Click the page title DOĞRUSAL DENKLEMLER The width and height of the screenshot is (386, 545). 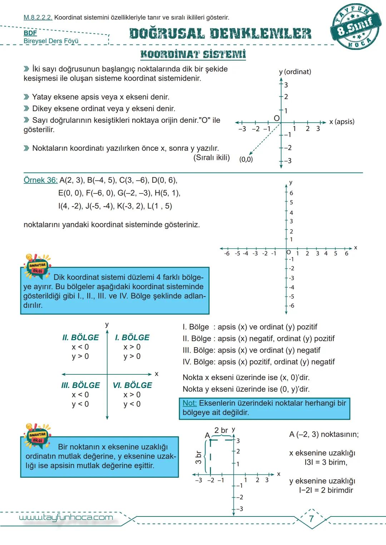coord(220,34)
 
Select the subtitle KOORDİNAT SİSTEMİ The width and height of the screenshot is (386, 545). coord(193,55)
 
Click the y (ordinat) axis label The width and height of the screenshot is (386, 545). coord(295,72)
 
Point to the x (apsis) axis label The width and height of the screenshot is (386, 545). coord(342,122)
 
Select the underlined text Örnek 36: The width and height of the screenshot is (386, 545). coord(40,180)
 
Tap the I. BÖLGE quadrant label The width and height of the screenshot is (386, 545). coord(132,337)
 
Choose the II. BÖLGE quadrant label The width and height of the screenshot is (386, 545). coord(80,337)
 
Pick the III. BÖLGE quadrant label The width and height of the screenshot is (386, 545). coord(80,385)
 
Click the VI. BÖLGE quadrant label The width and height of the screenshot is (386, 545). coord(132,385)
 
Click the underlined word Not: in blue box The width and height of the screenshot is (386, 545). coord(189,403)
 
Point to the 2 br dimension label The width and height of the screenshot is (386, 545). coord(221,430)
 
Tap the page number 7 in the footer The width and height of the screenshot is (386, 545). coord(311,519)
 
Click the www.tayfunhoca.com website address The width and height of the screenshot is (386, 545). coord(66,518)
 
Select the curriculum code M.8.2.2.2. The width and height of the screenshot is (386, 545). coord(38,17)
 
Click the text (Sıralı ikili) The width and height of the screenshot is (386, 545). coord(212,157)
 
